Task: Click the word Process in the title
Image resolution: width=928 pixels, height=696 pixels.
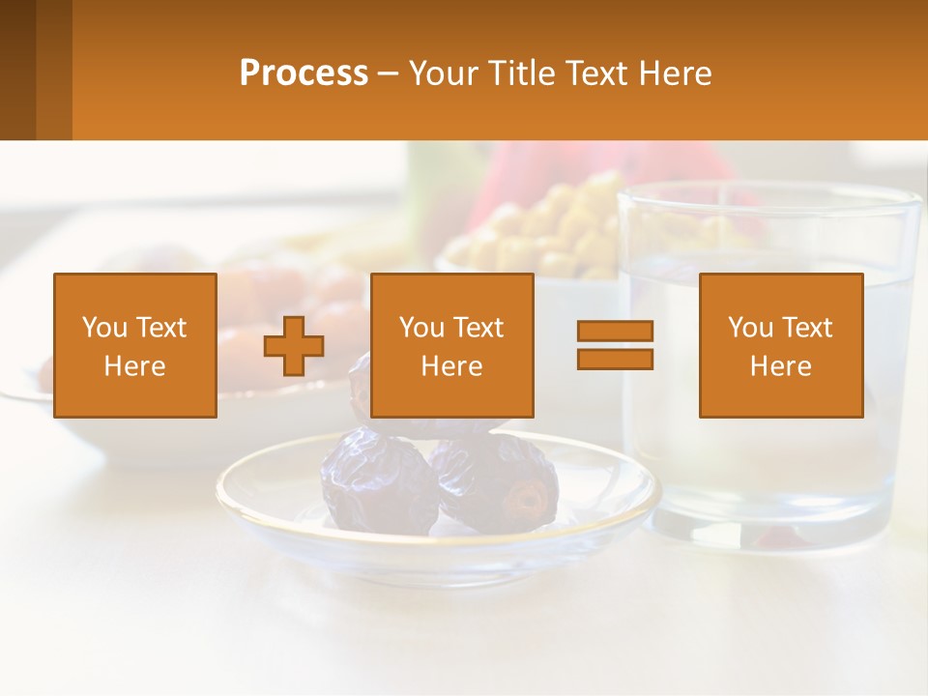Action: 304,73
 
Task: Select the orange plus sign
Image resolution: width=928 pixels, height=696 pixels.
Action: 294,346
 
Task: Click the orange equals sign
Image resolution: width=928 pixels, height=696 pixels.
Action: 615,345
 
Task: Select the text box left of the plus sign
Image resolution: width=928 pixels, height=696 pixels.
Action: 135,346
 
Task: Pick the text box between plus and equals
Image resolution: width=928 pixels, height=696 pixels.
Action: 451,346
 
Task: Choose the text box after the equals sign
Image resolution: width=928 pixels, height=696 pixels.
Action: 780,346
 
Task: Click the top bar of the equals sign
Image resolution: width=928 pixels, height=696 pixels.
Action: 615,332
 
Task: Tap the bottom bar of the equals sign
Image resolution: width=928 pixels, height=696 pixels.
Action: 615,359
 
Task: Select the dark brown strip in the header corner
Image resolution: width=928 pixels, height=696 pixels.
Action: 17,70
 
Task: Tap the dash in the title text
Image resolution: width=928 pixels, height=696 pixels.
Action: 389,73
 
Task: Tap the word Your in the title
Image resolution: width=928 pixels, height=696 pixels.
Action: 442,73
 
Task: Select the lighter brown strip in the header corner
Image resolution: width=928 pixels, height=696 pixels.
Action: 54,70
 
